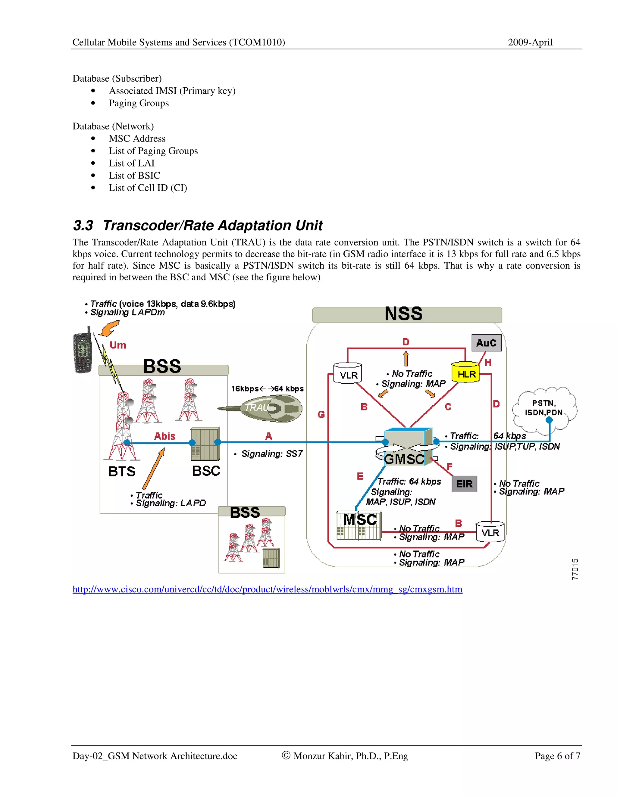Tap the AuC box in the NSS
(x=486, y=343)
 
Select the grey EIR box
(x=464, y=484)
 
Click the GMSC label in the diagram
(x=404, y=459)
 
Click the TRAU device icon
(x=271, y=408)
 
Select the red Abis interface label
(x=164, y=436)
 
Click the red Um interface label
(x=118, y=345)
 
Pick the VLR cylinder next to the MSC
(x=490, y=532)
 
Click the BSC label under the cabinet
(x=206, y=471)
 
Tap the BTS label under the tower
(x=122, y=472)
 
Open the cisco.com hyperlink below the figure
(x=267, y=589)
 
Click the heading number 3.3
(x=83, y=226)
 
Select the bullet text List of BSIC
(x=134, y=175)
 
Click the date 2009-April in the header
(x=530, y=42)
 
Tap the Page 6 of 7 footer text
(x=557, y=756)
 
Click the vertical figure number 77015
(x=575, y=569)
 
